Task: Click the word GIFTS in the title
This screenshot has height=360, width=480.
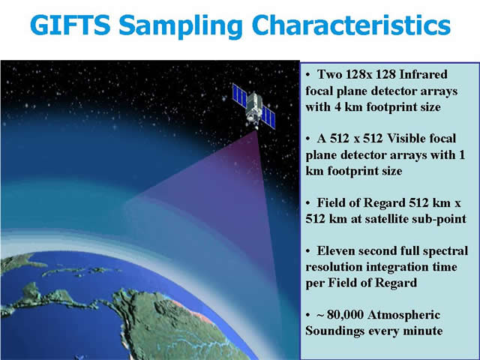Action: tap(70, 25)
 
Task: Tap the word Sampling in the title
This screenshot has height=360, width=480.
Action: tap(181, 27)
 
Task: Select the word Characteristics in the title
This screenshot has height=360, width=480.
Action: tap(351, 25)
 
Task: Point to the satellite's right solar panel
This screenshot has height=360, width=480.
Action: tap(268, 117)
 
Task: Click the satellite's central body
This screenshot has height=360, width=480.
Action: tap(253, 106)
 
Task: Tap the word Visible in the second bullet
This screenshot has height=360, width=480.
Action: tap(405, 138)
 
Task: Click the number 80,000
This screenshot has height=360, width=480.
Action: tap(344, 315)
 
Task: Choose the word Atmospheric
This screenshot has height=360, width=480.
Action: tap(403, 315)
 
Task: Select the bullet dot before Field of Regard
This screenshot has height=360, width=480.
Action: tap(308, 203)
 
